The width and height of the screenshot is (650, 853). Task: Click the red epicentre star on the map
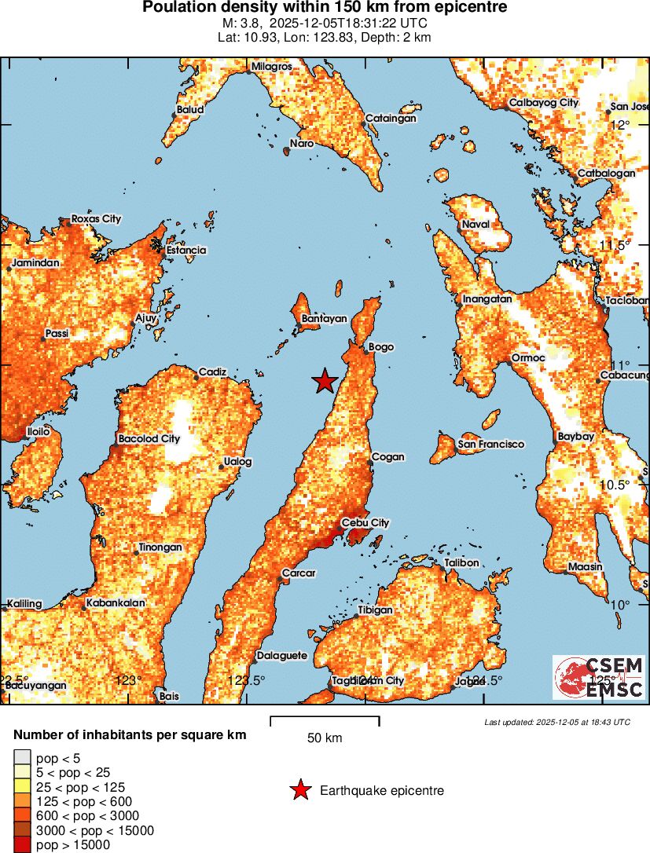pos(325,382)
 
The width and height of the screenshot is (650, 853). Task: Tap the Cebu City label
pos(365,523)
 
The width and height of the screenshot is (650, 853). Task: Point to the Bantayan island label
pos(324,319)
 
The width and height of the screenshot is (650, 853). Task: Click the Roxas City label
pos(96,218)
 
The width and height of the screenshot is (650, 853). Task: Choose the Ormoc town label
pos(528,357)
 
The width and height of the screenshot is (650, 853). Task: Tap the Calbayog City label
pos(543,103)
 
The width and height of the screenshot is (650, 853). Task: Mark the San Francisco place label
pos(490,445)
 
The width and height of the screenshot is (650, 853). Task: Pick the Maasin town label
pos(586,566)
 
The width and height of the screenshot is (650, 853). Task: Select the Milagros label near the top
pos(271,67)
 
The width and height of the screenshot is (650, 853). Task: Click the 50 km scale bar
pos(325,719)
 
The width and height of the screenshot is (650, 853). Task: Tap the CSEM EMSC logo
pos(598,677)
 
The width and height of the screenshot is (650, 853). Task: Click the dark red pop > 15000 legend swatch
pos(22,845)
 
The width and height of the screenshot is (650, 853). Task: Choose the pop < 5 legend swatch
pos(22,758)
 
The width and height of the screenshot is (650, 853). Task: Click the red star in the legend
pos(300,790)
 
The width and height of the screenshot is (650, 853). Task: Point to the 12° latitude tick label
pos(622,125)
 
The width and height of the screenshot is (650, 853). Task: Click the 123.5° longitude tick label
pos(246,680)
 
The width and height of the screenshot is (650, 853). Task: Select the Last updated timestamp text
pos(557,722)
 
